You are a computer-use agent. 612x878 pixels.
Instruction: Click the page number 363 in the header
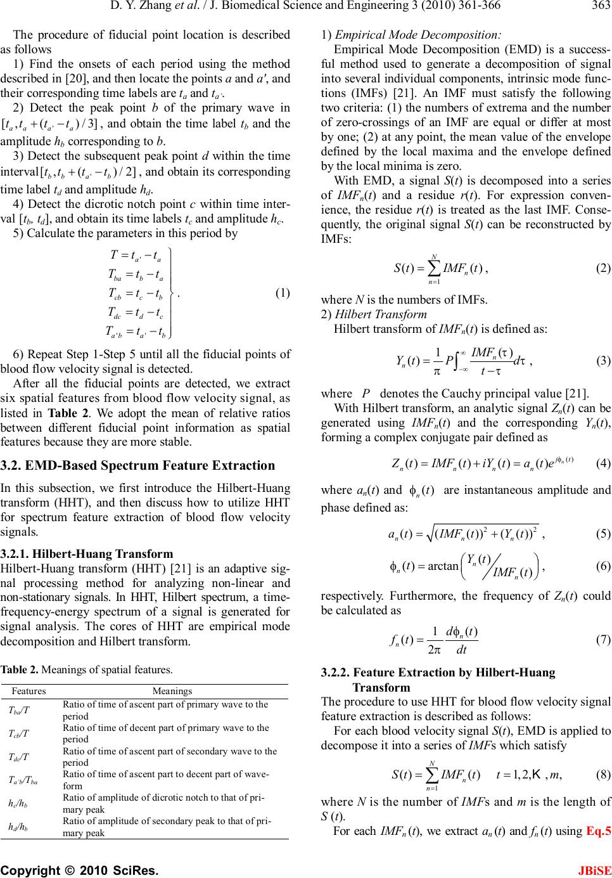tap(601, 6)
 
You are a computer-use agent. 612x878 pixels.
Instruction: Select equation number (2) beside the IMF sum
tap(604, 268)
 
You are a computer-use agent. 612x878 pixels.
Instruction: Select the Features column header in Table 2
tap(29, 691)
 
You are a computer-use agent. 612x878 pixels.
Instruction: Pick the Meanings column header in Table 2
tap(172, 691)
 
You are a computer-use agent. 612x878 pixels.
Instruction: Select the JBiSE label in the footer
tap(597, 868)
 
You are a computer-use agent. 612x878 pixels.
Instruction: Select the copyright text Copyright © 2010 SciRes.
tap(79, 868)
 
